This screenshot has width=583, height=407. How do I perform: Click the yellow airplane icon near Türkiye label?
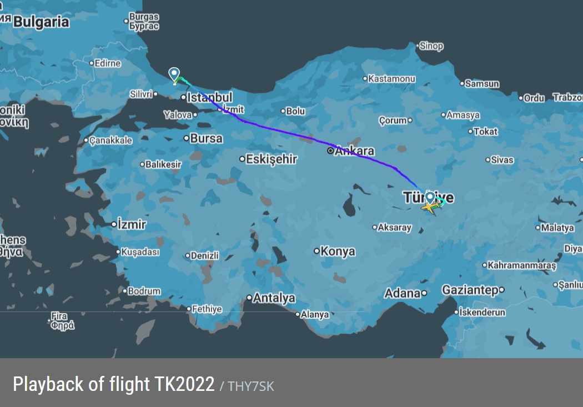[429, 207]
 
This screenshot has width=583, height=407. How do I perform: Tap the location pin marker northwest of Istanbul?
[174, 74]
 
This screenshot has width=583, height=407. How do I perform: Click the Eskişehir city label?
[272, 159]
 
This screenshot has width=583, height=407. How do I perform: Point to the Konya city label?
[338, 251]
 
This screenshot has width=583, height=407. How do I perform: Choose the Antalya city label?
[274, 298]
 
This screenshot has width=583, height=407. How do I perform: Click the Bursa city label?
[206, 138]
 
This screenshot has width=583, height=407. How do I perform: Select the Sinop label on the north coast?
[431, 46]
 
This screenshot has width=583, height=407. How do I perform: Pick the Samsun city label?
[482, 84]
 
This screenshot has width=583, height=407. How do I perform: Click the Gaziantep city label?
[470, 290]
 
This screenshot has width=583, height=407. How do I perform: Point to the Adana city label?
[402, 293]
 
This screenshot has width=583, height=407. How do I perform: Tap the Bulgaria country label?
[41, 22]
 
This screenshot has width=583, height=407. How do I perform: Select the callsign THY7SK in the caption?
[250, 386]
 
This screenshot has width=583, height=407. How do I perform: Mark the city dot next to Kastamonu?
[365, 79]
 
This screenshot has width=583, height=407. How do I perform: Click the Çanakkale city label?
[111, 140]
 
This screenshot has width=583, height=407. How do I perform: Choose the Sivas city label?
[502, 160]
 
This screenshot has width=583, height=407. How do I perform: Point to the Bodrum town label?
[144, 291]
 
